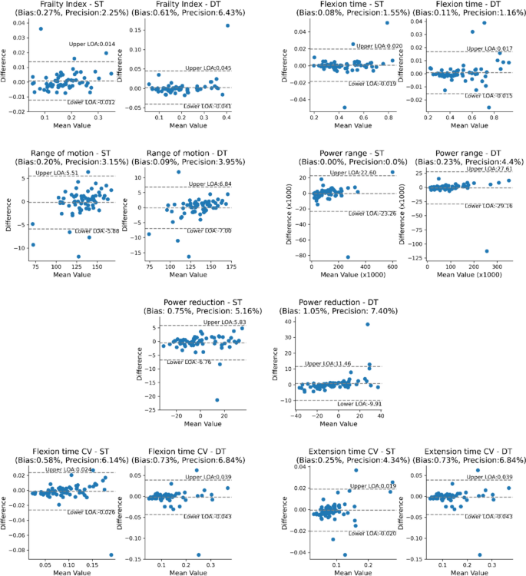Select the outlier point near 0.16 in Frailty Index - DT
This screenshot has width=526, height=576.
coord(227,25)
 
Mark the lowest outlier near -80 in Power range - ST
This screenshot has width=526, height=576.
coord(347,257)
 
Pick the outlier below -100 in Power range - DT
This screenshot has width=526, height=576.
coord(486,251)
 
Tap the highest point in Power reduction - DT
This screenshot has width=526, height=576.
coord(368,324)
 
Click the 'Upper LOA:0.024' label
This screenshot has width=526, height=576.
coord(68,469)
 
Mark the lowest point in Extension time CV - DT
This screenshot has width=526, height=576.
coord(480,554)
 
